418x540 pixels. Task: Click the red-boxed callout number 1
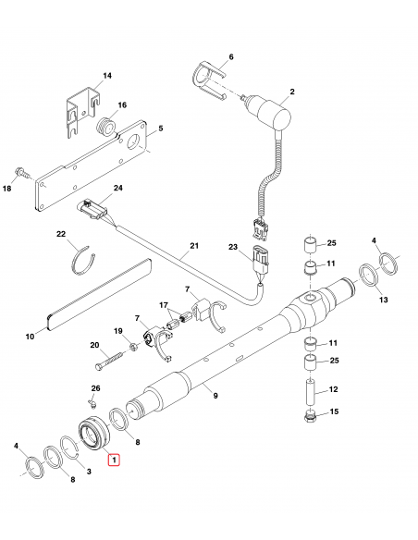point(114,459)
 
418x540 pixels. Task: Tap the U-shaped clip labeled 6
point(208,80)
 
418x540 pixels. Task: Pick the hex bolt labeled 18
point(21,172)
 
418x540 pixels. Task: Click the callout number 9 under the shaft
point(215,396)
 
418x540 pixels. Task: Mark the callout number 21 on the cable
point(194,246)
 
